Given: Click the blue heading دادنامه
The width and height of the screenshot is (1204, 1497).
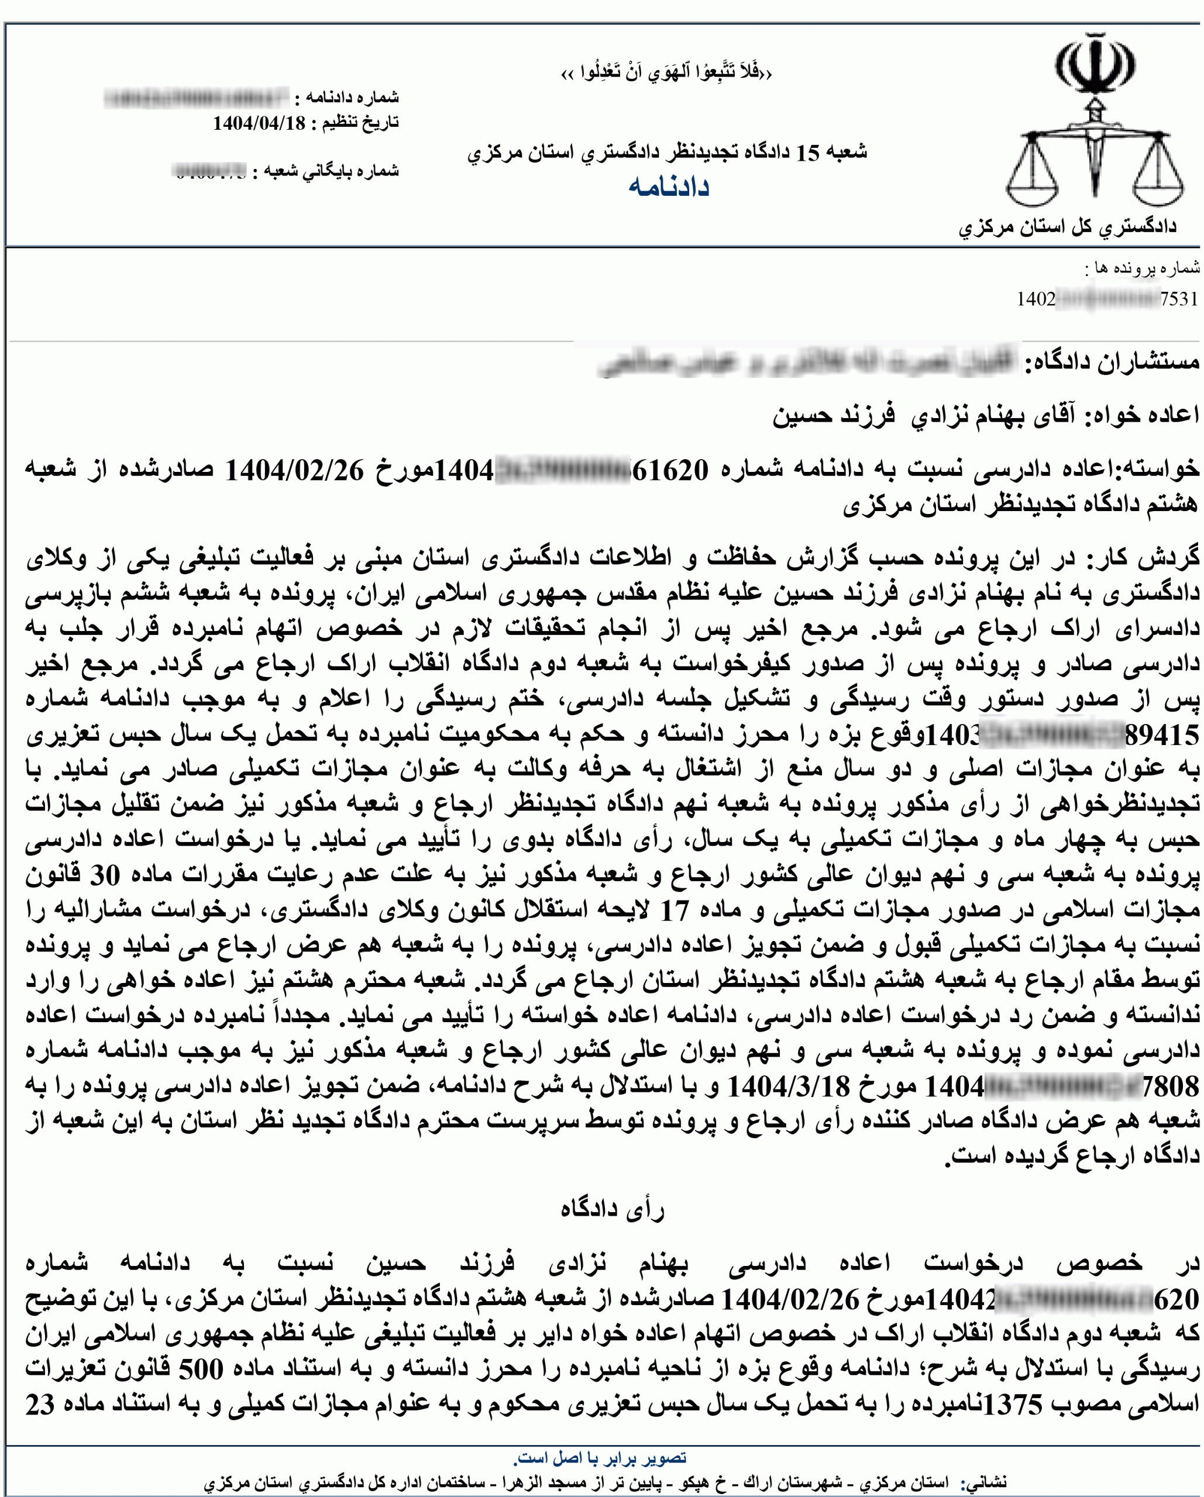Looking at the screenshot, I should tap(669, 188).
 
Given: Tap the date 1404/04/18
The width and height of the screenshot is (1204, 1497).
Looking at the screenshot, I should tap(259, 123).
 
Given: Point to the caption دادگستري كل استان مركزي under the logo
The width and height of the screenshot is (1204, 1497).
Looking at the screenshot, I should tap(1068, 227).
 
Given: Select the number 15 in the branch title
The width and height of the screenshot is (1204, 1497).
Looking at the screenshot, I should tap(807, 153).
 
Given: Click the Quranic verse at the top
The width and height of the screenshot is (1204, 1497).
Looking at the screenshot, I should tap(666, 72).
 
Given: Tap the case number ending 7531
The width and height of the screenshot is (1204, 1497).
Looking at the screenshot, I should tap(1179, 299).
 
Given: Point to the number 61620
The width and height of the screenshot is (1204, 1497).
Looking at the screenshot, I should tap(670, 471).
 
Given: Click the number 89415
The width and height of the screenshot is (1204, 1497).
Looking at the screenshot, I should tap(1162, 735).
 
